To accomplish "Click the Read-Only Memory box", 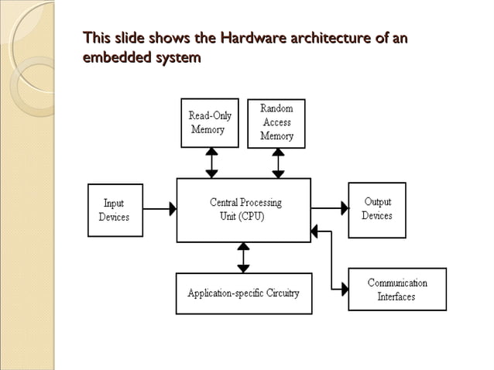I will coord(211,123).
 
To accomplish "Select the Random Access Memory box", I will coord(276,122).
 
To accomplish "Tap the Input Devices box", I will coord(114,209).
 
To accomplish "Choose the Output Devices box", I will coord(377,208).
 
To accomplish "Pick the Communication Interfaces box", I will coord(396,289).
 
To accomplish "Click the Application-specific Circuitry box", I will coord(243,293).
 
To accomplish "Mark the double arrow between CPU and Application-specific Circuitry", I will coord(243,257).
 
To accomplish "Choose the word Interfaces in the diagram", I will coord(396,296).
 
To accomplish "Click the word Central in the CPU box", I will coord(227,202).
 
